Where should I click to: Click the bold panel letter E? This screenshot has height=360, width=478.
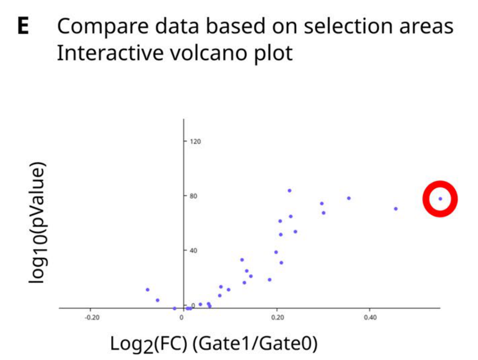click(23, 26)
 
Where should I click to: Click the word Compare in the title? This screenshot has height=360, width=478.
click(103, 27)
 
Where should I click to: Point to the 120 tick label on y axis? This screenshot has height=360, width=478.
click(195, 142)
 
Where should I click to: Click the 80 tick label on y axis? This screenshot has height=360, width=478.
click(193, 196)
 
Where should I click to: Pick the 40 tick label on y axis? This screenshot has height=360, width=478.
click(193, 250)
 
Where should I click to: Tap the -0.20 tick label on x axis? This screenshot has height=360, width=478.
click(92, 318)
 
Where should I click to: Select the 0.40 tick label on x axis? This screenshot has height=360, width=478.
click(370, 318)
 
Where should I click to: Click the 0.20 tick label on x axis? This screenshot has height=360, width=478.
click(278, 318)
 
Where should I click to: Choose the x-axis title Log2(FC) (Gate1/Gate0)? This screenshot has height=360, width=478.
click(214, 343)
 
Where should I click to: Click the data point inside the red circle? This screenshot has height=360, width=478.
click(440, 199)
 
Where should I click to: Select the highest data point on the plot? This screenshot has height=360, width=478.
click(290, 191)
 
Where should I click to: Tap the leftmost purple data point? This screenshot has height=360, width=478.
click(148, 290)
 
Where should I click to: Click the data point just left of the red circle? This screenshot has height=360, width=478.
click(396, 209)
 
